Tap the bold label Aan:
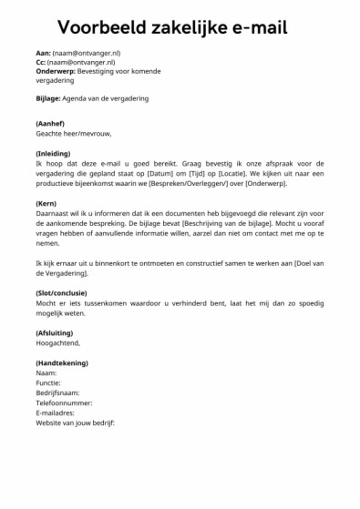click(x=41, y=54)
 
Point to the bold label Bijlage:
click(x=46, y=97)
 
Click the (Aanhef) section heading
click(x=50, y=123)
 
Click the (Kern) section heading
click(x=46, y=204)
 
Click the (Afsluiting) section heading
click(x=56, y=332)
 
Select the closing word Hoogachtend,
click(x=57, y=342)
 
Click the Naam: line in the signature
click(x=46, y=372)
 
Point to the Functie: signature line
click(x=49, y=382)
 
